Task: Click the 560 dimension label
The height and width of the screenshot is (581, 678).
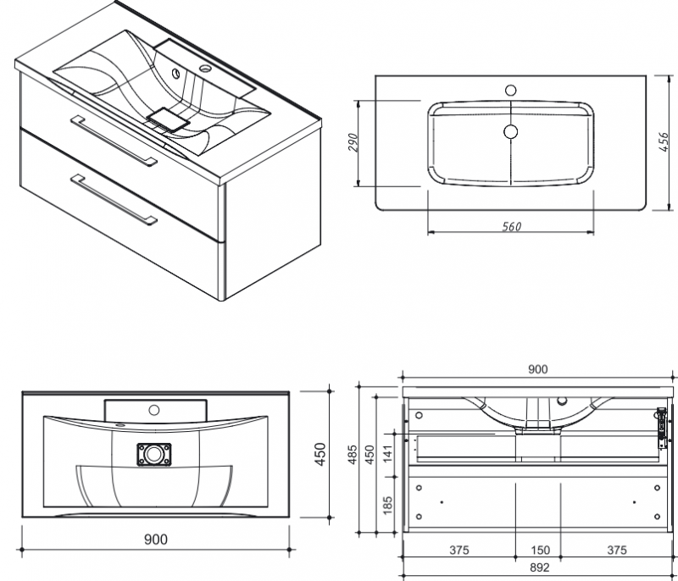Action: click(512, 226)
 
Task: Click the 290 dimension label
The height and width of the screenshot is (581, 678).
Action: click(353, 143)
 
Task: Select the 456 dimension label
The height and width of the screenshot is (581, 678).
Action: click(664, 142)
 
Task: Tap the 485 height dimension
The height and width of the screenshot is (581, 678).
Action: click(353, 455)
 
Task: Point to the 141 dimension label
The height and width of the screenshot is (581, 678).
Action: click(387, 455)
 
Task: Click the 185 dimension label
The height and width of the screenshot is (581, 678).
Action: click(387, 505)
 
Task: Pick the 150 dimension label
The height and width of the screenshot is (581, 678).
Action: click(540, 550)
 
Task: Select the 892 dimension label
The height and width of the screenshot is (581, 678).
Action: click(540, 567)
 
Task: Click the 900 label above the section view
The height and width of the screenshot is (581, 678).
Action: click(538, 369)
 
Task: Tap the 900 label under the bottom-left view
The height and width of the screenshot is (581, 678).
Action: click(155, 539)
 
